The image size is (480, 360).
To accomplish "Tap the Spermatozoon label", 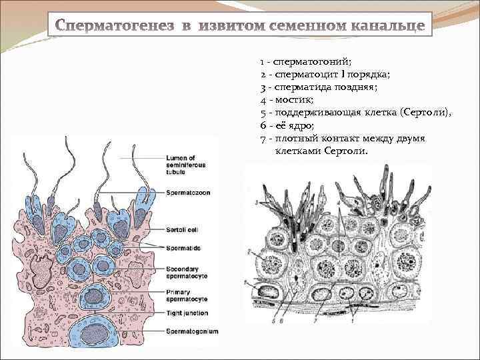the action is coord(188,193).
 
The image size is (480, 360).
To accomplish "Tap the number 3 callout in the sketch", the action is coord(256,201).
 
